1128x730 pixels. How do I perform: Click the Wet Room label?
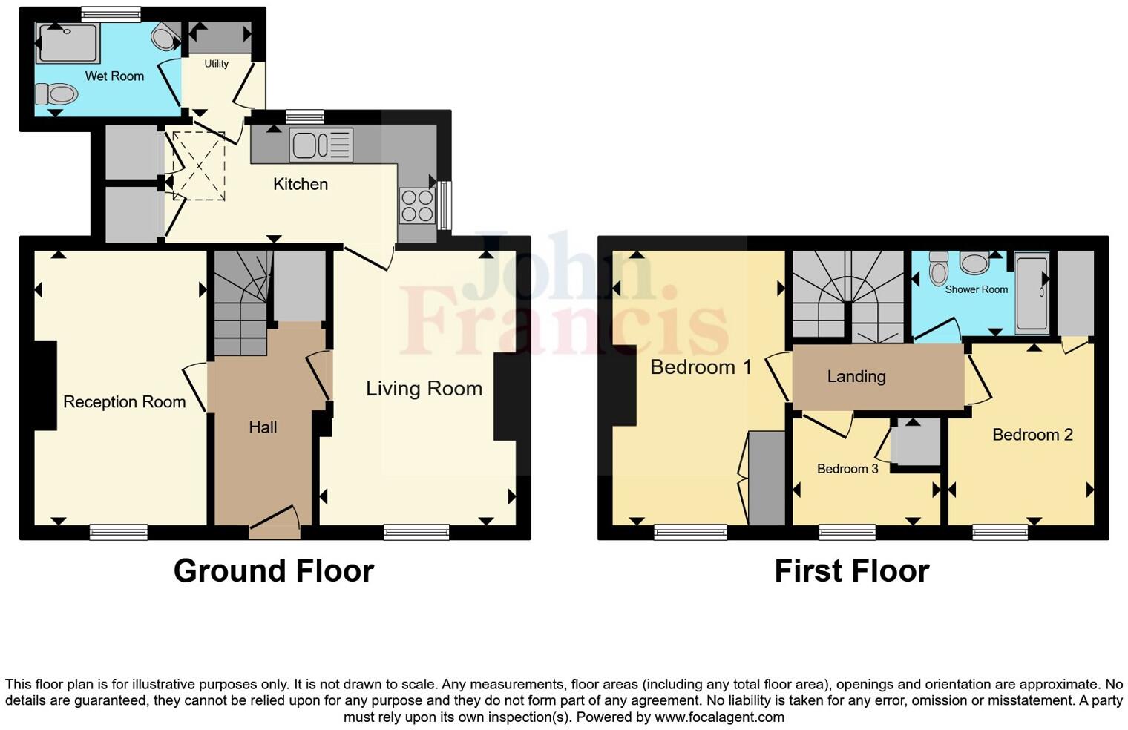pyautogui.click(x=114, y=76)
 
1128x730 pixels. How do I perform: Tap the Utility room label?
pyautogui.click(x=216, y=64)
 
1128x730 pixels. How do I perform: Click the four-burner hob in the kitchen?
pyautogui.click(x=417, y=205)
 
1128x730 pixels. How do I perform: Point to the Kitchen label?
pyautogui.click(x=300, y=184)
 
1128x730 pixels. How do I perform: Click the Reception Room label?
pyautogui.click(x=124, y=402)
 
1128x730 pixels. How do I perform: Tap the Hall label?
pyautogui.click(x=263, y=427)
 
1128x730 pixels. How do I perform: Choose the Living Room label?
pyautogui.click(x=424, y=389)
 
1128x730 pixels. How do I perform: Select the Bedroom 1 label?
pyautogui.click(x=701, y=367)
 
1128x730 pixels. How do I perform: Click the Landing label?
pyautogui.click(x=856, y=377)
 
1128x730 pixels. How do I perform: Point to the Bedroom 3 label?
pyautogui.click(x=847, y=469)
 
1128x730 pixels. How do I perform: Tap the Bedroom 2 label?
pyautogui.click(x=1032, y=435)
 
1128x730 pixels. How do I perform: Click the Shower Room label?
pyautogui.click(x=976, y=289)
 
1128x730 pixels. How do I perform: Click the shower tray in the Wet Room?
pyautogui.click(x=68, y=44)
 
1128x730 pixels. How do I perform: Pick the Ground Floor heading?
pyautogui.click(x=273, y=571)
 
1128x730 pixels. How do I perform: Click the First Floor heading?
pyautogui.click(x=851, y=571)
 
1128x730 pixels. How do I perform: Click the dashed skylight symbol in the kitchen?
pyautogui.click(x=199, y=165)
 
